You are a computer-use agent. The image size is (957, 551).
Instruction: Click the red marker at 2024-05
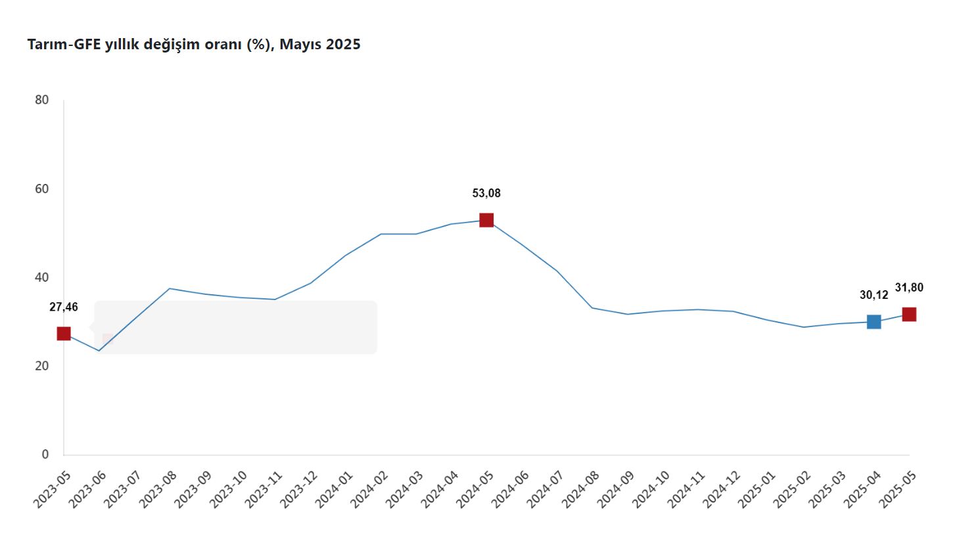(486, 220)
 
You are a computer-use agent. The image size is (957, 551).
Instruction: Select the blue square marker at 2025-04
(874, 322)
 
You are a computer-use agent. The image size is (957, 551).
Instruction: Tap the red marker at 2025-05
(909, 315)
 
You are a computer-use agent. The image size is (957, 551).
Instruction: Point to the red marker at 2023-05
(64, 334)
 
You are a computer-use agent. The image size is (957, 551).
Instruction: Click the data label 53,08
(486, 193)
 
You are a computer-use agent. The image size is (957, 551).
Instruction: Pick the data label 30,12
(874, 295)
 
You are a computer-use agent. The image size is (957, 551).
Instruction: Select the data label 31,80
(909, 286)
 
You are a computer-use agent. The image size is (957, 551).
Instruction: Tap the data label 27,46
(64, 307)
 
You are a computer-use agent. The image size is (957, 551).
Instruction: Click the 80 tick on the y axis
(41, 100)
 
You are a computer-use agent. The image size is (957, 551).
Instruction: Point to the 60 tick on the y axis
(41, 189)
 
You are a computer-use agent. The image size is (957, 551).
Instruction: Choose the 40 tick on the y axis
(41, 278)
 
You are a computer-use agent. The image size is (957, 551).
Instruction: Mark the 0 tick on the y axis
(45, 454)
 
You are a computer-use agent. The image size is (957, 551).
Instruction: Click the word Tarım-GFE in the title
(64, 45)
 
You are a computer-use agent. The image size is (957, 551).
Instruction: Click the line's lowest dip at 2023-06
(99, 351)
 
